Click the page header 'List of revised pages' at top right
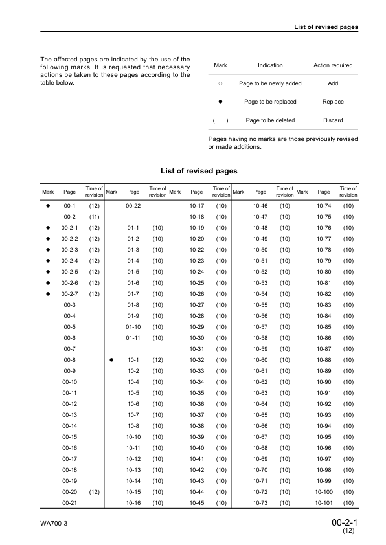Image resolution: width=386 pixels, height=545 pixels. click(x=326, y=27)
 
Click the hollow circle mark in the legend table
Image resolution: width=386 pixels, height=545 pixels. click(x=220, y=83)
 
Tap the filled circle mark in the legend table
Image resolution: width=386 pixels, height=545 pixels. click(x=220, y=102)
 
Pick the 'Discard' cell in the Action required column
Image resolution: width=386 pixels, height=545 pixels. click(x=333, y=120)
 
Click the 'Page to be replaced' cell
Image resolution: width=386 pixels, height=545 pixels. click(x=270, y=102)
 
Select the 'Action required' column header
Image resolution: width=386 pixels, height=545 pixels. click(x=333, y=65)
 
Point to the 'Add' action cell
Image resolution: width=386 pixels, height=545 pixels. click(x=333, y=83)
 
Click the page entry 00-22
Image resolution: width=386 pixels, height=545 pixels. click(x=133, y=205)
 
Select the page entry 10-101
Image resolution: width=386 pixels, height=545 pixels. click(x=324, y=502)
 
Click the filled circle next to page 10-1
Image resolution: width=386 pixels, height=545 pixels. click(x=111, y=359)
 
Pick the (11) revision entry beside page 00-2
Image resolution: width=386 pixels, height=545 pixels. click(x=94, y=216)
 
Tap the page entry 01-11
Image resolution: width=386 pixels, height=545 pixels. click(x=133, y=337)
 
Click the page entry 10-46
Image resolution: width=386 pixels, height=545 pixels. click(x=260, y=205)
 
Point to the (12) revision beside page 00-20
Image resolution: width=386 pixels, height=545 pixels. click(x=94, y=491)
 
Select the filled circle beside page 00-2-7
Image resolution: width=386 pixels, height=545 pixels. click(x=48, y=293)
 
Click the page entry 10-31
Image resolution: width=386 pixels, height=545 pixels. click(x=197, y=348)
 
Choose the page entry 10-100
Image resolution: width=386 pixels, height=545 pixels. click(x=324, y=491)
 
